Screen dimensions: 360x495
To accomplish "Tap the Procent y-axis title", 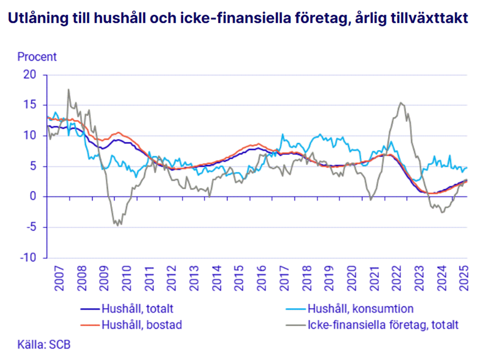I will pyautogui.click(x=37, y=56).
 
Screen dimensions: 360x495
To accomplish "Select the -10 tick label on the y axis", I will pyautogui.click(x=32, y=257).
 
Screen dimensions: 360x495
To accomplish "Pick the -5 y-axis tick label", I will pyautogui.click(x=34, y=227).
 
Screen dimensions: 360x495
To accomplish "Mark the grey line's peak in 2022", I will pyautogui.click(x=401, y=103).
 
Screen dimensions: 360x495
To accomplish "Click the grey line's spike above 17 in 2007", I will pyautogui.click(x=68, y=89).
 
